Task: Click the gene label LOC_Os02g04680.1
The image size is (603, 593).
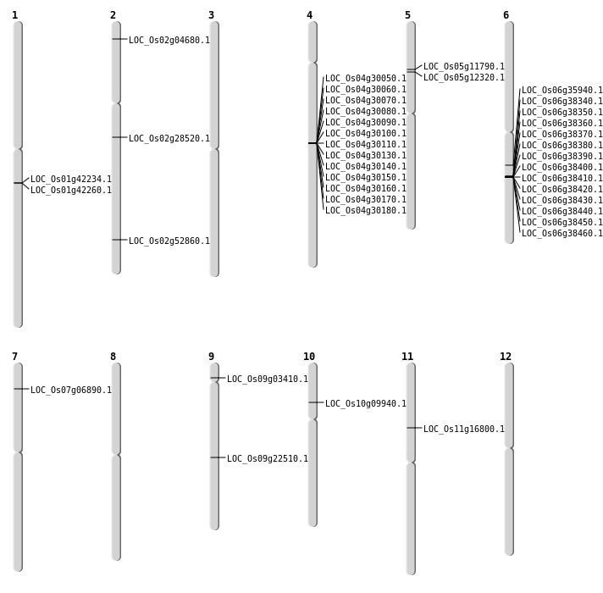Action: tap(169, 40)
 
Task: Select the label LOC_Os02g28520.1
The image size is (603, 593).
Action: tap(169, 138)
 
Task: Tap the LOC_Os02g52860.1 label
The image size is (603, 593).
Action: tap(169, 241)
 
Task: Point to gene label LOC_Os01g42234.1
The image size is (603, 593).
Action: tap(71, 180)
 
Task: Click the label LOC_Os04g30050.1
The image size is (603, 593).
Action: tap(366, 79)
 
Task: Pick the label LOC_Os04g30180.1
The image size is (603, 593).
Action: tap(366, 210)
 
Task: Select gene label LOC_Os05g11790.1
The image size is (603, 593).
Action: tap(464, 67)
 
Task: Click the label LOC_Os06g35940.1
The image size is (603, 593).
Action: tap(562, 90)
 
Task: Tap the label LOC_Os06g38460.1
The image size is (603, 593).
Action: tap(562, 233)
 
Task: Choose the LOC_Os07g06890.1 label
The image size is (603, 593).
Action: tap(71, 390)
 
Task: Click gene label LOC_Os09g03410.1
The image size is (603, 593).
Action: tap(268, 379)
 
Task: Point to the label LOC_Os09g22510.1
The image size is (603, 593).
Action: tap(268, 458)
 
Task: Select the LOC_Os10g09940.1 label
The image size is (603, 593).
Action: tap(366, 403)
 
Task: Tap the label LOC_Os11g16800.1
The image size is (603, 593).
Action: tap(464, 429)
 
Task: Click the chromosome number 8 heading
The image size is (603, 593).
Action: tap(113, 357)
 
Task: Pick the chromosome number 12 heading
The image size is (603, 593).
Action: tap(506, 357)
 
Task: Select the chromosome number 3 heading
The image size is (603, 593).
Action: tap(211, 15)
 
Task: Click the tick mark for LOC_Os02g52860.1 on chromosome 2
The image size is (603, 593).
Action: tap(119, 240)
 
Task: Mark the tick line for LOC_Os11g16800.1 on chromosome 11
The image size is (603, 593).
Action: tap(414, 428)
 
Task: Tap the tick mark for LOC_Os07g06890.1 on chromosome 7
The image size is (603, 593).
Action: tap(21, 389)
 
